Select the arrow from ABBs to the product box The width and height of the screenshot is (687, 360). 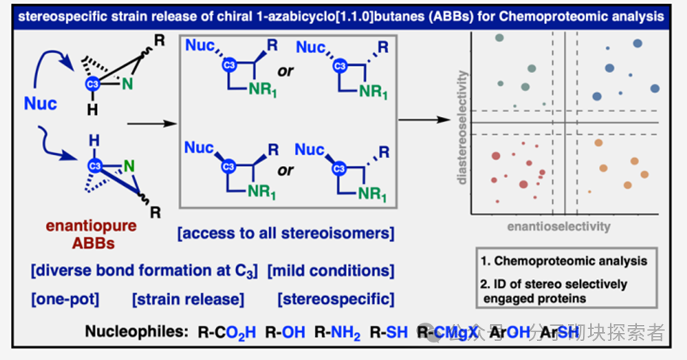[150, 123]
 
